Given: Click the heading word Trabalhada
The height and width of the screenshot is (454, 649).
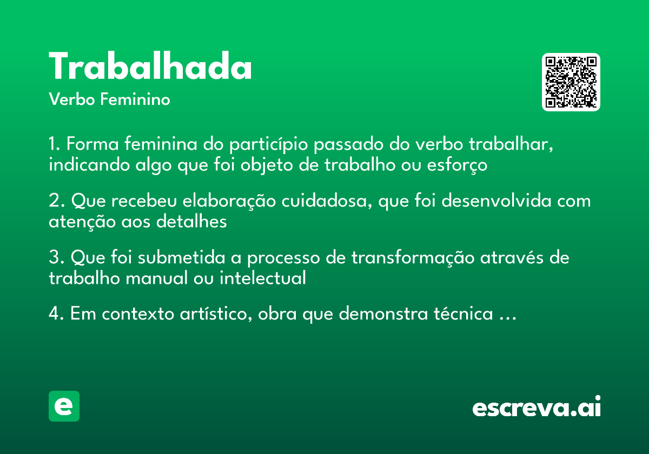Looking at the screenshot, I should coord(150,68).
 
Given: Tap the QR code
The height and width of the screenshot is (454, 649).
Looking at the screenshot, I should coord(571,82).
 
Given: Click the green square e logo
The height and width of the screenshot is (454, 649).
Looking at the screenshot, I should coord(64,406).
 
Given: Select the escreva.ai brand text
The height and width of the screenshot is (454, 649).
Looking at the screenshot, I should coord(537,408).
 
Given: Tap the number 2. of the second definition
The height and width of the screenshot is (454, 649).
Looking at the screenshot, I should coord(56,201).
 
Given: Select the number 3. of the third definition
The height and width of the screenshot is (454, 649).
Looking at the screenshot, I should coord(56,258).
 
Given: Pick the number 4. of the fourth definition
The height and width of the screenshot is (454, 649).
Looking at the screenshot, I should coord(56,314).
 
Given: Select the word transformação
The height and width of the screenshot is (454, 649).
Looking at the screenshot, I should coord(414,258).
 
